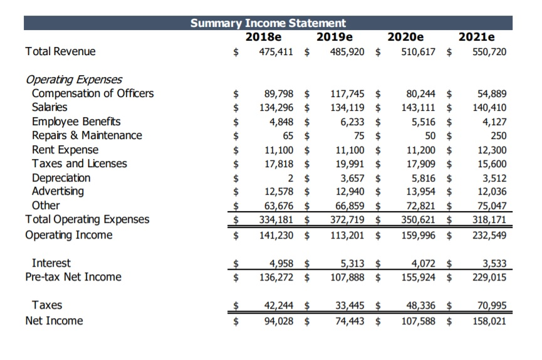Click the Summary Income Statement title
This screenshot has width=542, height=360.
pyautogui.click(x=268, y=23)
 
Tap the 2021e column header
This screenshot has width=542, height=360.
pyautogui.click(x=476, y=37)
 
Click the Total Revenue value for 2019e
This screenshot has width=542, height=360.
pyautogui.click(x=347, y=51)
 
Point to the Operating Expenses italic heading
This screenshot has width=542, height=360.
pyautogui.click(x=73, y=80)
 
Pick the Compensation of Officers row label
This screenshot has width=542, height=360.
pyautogui.click(x=93, y=93)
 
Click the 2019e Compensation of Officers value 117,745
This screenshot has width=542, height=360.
pyautogui.click(x=347, y=94)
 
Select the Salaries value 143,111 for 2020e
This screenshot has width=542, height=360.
pyautogui.click(x=419, y=108)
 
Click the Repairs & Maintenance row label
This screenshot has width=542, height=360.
pyautogui.click(x=87, y=135)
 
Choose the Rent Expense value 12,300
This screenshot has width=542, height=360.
pyautogui.click(x=492, y=150)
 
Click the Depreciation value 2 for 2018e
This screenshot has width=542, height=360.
pyautogui.click(x=291, y=178)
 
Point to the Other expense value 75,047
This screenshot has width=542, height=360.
pyautogui.click(x=492, y=205)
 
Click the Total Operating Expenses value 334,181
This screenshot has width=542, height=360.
pyautogui.click(x=276, y=219)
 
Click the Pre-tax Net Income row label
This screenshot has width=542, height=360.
pyautogui.click(x=73, y=277)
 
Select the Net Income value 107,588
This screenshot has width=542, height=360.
pyautogui.click(x=419, y=321)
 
